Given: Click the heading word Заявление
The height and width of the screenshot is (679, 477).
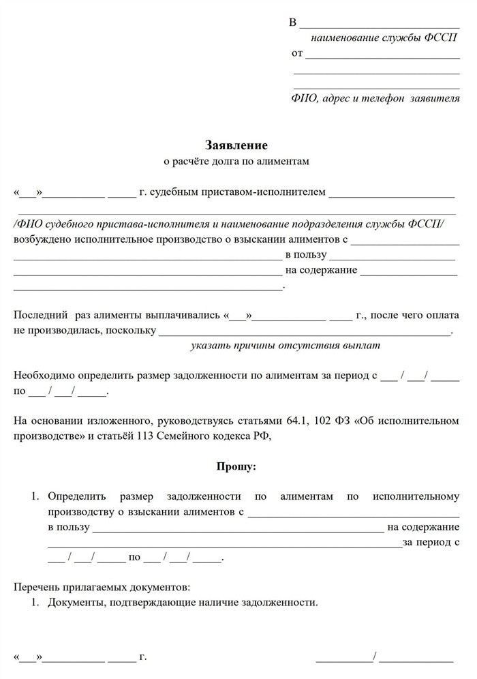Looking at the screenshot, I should pos(236,145).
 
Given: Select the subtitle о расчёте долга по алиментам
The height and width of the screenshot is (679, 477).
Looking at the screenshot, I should pos(236,162).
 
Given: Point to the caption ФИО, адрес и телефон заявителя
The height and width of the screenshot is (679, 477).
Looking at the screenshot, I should pos(375,98).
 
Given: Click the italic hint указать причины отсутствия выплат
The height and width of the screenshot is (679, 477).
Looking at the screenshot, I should pos(285,345).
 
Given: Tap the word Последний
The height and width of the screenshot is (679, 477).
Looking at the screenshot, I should pos(41,316).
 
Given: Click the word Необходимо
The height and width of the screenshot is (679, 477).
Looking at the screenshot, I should pos(44,376).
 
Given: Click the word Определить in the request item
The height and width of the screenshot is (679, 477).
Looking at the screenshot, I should pos(76,496).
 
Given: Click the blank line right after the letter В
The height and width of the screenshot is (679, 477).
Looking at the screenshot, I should pos(380,25).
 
